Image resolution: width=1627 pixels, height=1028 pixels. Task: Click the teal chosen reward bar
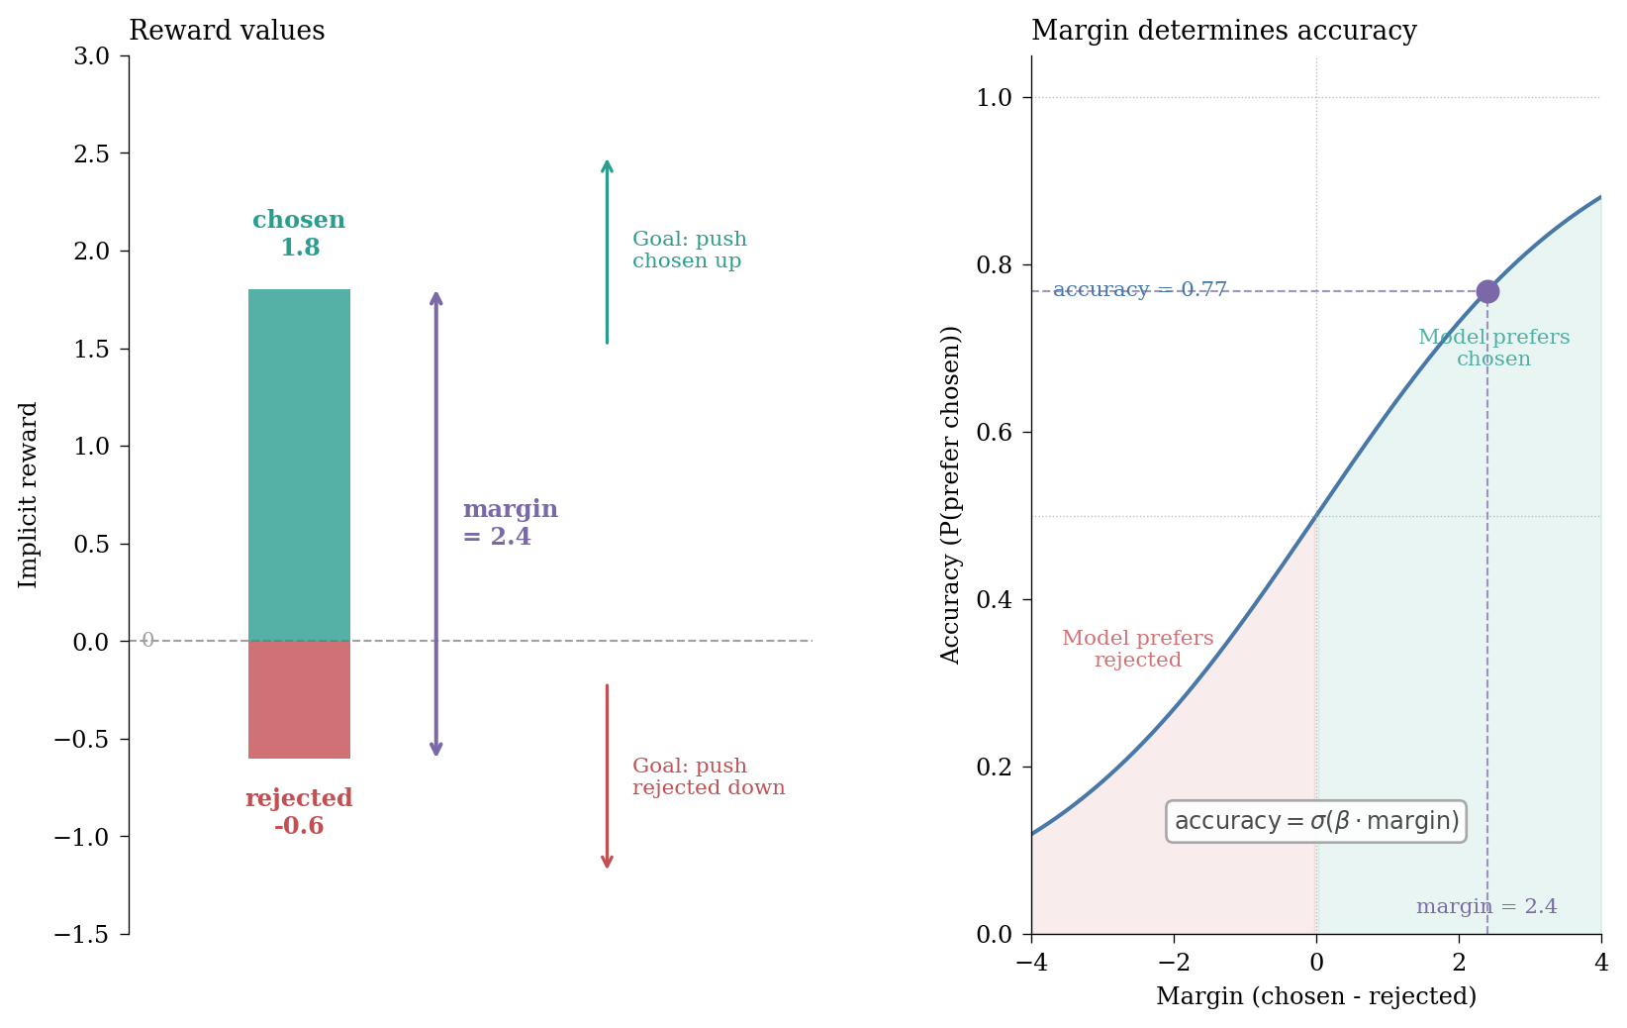coord(299,464)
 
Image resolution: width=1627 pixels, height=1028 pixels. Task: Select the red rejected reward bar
coord(299,699)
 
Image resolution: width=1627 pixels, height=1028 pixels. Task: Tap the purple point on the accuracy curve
coord(1486,291)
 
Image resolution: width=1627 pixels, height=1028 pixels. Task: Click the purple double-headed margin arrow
coord(435,524)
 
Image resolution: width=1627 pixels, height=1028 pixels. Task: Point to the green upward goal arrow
coord(607,252)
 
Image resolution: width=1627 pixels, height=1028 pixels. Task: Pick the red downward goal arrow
coord(607,776)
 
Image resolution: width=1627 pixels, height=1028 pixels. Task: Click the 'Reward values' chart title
coord(227,31)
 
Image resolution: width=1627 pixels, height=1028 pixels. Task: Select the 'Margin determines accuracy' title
coord(1223,31)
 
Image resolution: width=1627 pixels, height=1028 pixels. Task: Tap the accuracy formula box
coord(1315,821)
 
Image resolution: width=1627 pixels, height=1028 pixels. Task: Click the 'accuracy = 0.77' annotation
coord(1139,290)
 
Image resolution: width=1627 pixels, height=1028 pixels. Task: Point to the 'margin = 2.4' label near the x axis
coord(1485,906)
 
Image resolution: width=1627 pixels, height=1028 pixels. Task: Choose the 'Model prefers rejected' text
coord(1137,650)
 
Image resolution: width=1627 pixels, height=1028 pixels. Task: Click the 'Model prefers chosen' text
coord(1493,349)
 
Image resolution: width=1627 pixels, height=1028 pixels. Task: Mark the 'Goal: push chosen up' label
coord(689,251)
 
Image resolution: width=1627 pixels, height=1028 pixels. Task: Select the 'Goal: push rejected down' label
coord(708,777)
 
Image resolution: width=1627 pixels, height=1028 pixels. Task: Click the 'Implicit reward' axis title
coord(29,494)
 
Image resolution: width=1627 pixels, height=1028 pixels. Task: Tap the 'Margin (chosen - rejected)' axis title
coord(1315,996)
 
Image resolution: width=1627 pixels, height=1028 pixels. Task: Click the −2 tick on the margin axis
coord(1174,963)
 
